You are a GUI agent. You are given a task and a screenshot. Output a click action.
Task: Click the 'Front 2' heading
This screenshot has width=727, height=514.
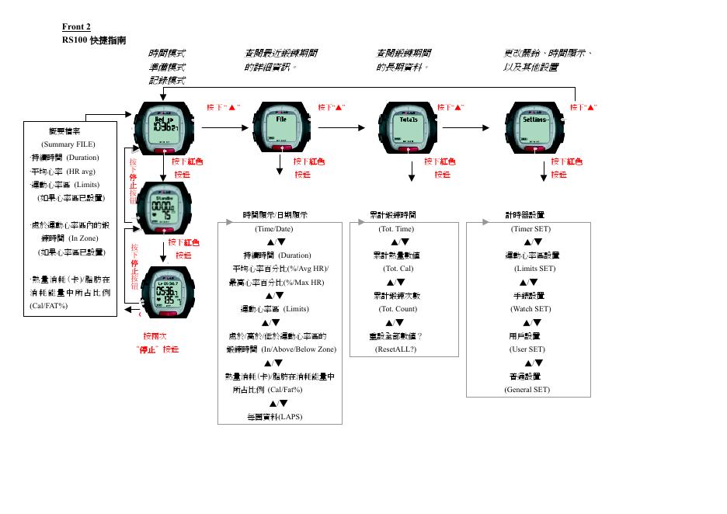76,27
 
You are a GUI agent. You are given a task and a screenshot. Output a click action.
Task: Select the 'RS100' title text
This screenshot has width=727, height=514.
75,40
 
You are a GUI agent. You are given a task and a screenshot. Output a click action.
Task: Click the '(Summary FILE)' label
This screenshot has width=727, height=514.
68,144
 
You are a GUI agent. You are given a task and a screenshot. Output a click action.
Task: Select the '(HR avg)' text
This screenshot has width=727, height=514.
82,171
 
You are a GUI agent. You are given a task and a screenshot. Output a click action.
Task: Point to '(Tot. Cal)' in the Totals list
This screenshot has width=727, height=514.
398,269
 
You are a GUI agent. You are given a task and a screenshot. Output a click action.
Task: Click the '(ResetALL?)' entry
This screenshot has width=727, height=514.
396,349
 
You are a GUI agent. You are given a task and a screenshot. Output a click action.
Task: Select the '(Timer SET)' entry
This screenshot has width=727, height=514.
530,229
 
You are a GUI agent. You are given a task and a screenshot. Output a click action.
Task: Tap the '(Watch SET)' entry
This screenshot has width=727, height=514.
531,309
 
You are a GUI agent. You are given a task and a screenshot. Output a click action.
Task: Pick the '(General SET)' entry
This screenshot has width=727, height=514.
527,390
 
